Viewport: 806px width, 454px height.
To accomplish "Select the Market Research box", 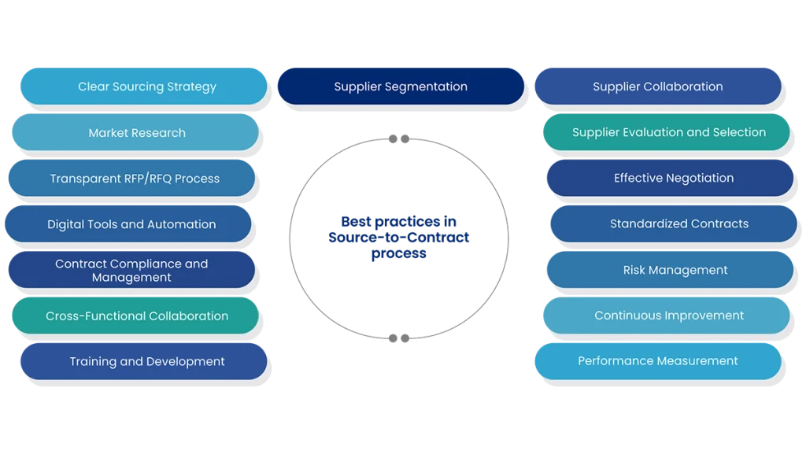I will [135, 133].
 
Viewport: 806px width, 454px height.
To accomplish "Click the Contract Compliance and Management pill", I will [131, 270].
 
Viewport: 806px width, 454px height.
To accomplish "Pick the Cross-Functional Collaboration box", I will [135, 316].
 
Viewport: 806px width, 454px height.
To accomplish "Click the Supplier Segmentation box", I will [400, 87].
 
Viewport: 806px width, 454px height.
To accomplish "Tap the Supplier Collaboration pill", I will [658, 87].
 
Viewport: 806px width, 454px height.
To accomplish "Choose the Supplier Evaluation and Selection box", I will [667, 132].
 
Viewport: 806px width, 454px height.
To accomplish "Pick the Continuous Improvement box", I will [667, 316].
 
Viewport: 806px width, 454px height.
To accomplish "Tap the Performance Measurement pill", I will [658, 361].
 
